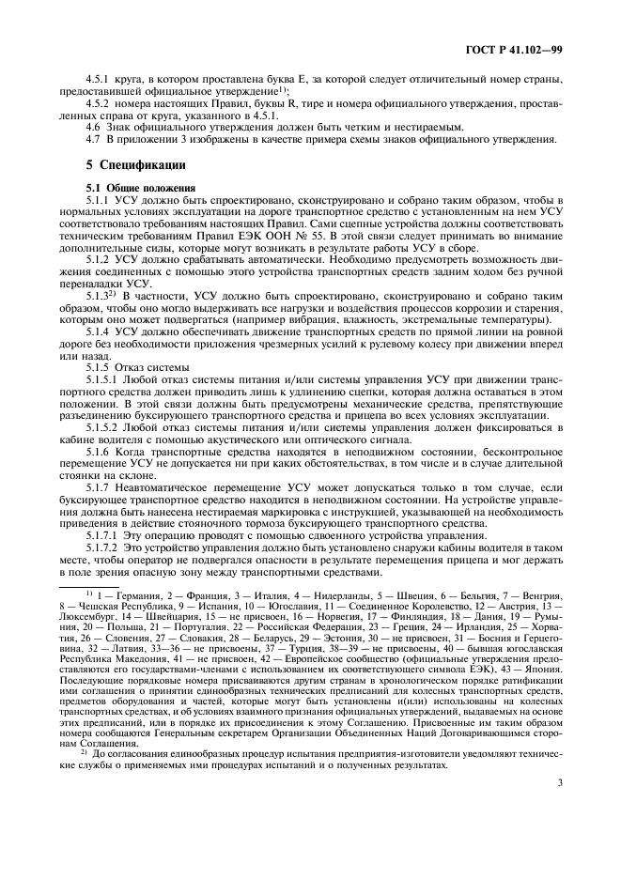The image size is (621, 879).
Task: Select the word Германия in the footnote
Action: (133, 595)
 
